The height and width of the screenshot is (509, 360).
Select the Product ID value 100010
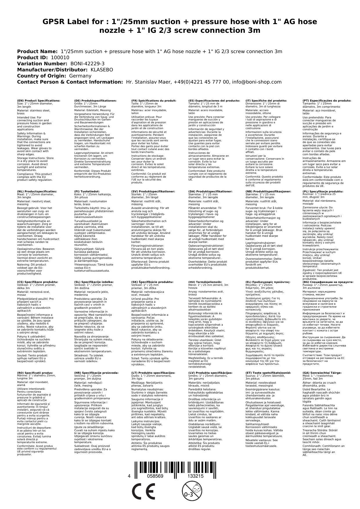click(x=60, y=57)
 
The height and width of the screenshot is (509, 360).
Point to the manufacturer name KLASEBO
click(x=102, y=70)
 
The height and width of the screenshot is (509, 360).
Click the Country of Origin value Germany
click(x=80, y=76)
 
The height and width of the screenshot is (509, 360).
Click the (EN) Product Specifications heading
click(x=39, y=101)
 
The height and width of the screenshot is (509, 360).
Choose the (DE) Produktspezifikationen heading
click(x=95, y=101)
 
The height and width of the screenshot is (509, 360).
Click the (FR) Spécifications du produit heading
click(x=154, y=101)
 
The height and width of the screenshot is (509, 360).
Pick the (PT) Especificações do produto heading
click(x=327, y=101)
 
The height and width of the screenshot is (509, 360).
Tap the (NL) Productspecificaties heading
click(x=37, y=192)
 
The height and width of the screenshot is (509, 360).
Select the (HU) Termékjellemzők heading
click(x=205, y=282)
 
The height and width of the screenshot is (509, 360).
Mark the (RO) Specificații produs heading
click(x=35, y=373)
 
